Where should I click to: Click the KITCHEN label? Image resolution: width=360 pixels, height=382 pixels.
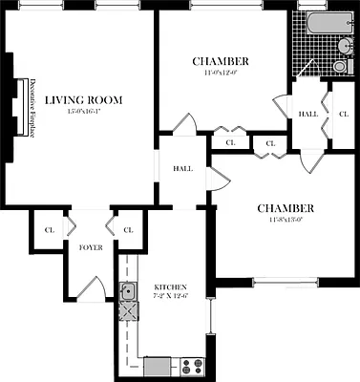click(x=169, y=286)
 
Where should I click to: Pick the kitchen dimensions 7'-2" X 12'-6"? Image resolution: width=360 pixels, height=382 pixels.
click(x=169, y=297)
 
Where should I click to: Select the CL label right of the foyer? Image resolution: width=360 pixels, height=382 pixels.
click(x=128, y=229)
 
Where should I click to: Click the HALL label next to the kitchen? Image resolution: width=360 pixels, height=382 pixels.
click(x=182, y=169)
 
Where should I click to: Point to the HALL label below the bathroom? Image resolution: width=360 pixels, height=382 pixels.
click(x=307, y=114)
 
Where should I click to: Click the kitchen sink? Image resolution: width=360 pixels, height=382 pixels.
click(x=127, y=293)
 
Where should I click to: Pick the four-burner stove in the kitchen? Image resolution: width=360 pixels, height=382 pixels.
click(x=190, y=365)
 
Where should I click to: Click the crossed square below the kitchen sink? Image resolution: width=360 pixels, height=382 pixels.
click(x=128, y=311)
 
